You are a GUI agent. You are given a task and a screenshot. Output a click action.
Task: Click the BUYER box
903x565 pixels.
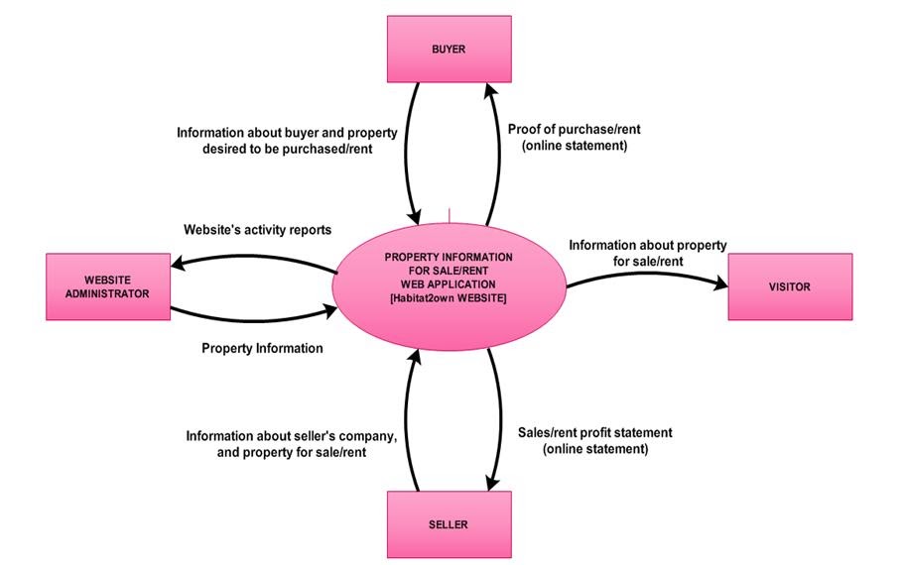tap(449, 49)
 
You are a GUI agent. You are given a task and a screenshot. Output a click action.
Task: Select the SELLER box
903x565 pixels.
tap(449, 523)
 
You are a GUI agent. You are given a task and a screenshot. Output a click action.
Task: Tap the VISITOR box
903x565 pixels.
tap(789, 286)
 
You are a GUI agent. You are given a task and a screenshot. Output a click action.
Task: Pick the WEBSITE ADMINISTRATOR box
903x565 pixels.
tap(108, 286)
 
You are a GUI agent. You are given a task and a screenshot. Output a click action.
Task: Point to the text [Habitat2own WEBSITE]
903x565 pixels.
tap(450, 299)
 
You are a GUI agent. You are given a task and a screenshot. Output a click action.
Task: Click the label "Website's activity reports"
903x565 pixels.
tap(257, 229)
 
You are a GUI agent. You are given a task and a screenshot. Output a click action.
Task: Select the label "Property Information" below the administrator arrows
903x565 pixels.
tap(262, 348)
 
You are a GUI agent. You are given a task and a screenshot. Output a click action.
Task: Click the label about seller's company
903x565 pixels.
tap(292, 443)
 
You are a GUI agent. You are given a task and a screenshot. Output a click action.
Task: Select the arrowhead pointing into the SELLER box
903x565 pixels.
tap(489, 483)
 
